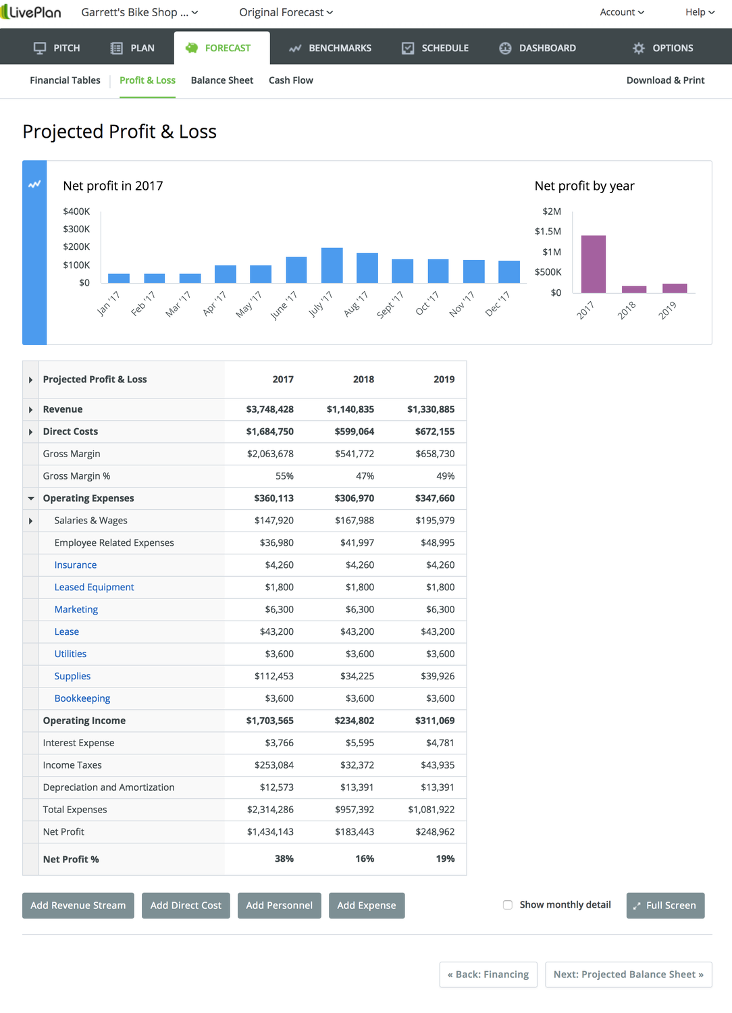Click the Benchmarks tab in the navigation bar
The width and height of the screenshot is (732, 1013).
pos(330,48)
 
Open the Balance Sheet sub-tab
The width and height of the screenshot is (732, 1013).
pos(221,80)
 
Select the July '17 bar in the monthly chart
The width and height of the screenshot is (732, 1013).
pos(332,265)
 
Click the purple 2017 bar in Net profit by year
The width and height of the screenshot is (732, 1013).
pos(593,264)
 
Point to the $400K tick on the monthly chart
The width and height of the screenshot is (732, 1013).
pos(76,211)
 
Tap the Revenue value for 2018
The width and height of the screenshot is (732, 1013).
pos(350,409)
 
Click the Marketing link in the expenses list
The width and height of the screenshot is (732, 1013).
pos(76,609)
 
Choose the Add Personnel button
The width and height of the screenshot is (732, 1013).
pos(279,906)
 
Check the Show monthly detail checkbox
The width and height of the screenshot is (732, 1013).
pos(508,905)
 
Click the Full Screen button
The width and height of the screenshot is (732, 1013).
pos(665,906)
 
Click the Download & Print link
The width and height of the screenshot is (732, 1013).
pos(665,80)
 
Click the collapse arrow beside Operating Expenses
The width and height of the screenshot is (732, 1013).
pos(31,498)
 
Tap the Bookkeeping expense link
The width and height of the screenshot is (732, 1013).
pos(82,698)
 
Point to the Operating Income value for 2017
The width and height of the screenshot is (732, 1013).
pos(269,721)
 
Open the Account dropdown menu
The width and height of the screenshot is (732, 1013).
pos(622,12)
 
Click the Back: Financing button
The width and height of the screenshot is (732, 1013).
pos(488,975)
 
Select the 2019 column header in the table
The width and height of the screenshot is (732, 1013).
pos(444,380)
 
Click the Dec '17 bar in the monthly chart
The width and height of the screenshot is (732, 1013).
pos(508,271)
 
